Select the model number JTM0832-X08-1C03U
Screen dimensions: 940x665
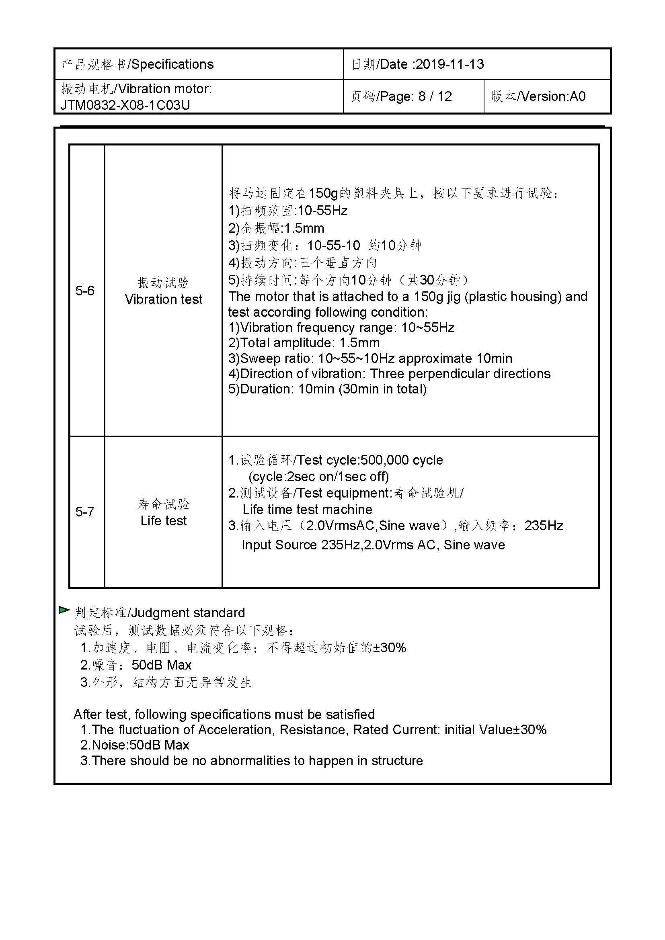pyautogui.click(x=125, y=105)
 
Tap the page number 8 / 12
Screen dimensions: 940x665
pyautogui.click(x=435, y=96)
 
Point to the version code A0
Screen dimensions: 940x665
pyautogui.click(x=577, y=96)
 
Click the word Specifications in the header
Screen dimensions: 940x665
pyautogui.click(x=172, y=64)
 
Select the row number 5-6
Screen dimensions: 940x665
pyautogui.click(x=85, y=291)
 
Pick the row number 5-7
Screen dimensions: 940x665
pyautogui.click(x=85, y=512)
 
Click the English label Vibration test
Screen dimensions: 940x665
pyautogui.click(x=163, y=299)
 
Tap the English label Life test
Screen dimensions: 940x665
pyautogui.click(x=163, y=521)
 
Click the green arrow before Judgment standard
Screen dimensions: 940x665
pyautogui.click(x=64, y=610)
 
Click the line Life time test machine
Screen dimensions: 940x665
pyautogui.click(x=307, y=510)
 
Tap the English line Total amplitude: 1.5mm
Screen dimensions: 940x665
pyautogui.click(x=304, y=343)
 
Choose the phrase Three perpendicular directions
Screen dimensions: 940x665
pyautogui.click(x=460, y=374)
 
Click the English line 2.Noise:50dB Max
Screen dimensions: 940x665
pyautogui.click(x=135, y=745)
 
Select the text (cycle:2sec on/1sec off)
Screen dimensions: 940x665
pyautogui.click(x=318, y=477)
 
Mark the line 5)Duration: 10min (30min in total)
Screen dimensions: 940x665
pyautogui.click(x=327, y=389)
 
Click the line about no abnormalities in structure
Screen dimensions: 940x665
pyautogui.click(x=251, y=761)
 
